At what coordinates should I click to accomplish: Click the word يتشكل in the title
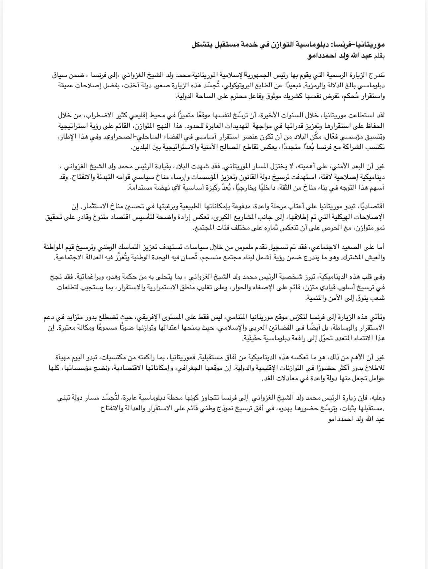pyautogui.click(x=202, y=45)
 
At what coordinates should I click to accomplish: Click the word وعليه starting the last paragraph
pyautogui.click(x=377, y=399)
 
